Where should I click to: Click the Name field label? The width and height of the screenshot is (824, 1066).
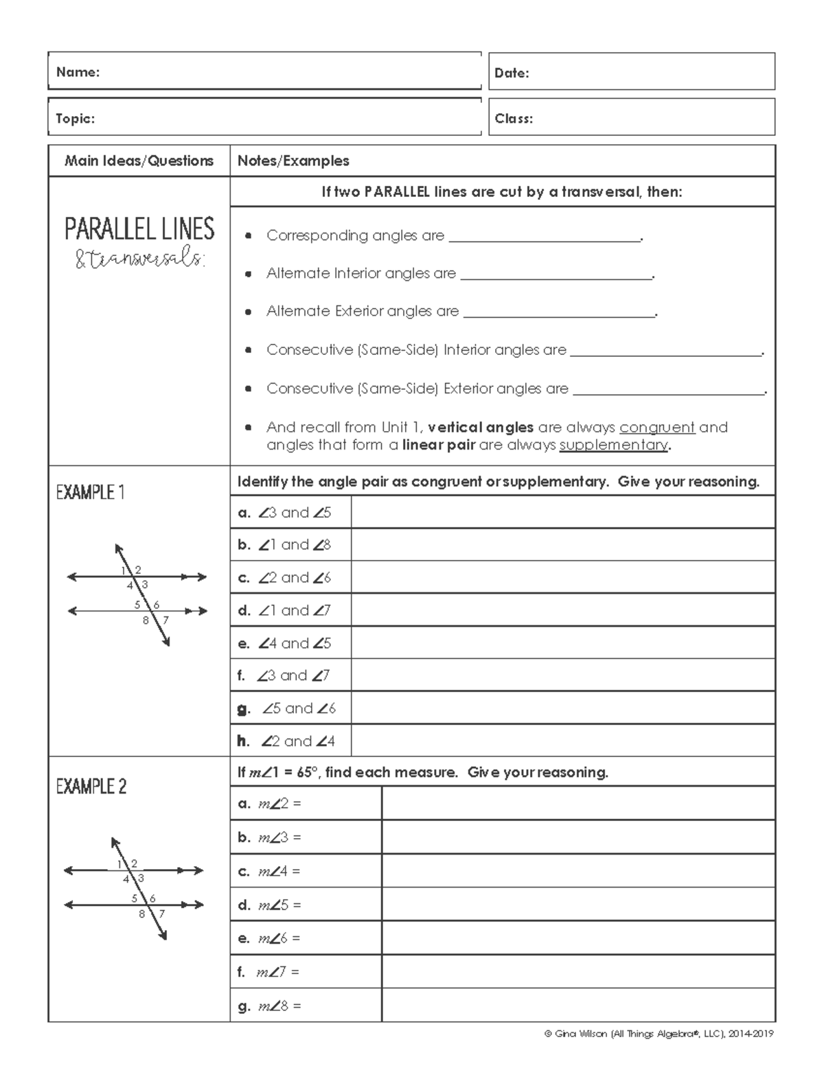78,72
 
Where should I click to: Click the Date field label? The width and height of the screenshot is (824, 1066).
512,73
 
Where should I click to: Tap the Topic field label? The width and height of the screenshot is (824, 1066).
75,118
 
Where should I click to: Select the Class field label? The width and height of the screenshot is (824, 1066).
514,118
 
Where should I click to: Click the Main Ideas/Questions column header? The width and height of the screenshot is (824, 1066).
139,161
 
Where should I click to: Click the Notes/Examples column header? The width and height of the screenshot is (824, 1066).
293,161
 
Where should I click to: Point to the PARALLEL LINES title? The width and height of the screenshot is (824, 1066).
139,229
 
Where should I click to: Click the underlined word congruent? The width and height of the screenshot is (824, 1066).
657,427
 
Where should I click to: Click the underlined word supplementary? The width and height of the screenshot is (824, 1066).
614,445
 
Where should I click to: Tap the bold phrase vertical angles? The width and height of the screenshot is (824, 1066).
480,427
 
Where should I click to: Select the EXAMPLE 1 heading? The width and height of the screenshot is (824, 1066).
90,492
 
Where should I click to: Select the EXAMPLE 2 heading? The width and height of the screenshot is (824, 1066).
91,787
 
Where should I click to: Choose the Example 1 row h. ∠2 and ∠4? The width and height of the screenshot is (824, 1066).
286,741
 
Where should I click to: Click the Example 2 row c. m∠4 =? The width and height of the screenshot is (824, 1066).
269,871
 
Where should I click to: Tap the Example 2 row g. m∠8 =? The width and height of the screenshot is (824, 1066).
269,1006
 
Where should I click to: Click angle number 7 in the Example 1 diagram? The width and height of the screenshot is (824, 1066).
165,620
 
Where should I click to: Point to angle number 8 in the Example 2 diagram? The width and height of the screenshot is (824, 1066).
142,914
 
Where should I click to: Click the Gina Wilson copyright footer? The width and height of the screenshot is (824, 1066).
659,1034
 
